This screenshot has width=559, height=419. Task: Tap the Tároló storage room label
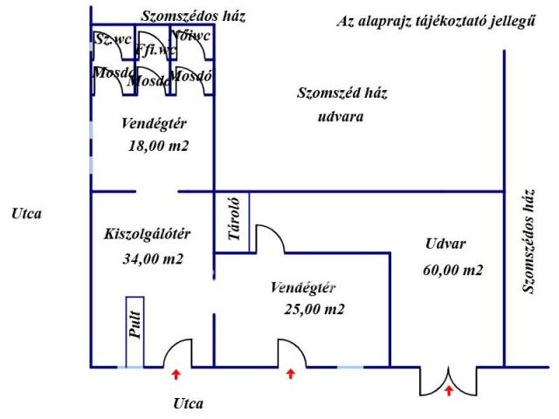(233, 223)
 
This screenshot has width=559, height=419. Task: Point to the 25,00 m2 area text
(314, 309)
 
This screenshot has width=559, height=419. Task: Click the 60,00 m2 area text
(452, 271)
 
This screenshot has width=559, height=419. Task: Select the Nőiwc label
(191, 37)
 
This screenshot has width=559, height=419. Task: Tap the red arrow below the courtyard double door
(449, 391)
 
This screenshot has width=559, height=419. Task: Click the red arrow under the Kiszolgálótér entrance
(176, 375)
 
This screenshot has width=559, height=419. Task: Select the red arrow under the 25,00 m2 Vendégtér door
(291, 375)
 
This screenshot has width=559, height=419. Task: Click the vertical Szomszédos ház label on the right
(527, 241)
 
